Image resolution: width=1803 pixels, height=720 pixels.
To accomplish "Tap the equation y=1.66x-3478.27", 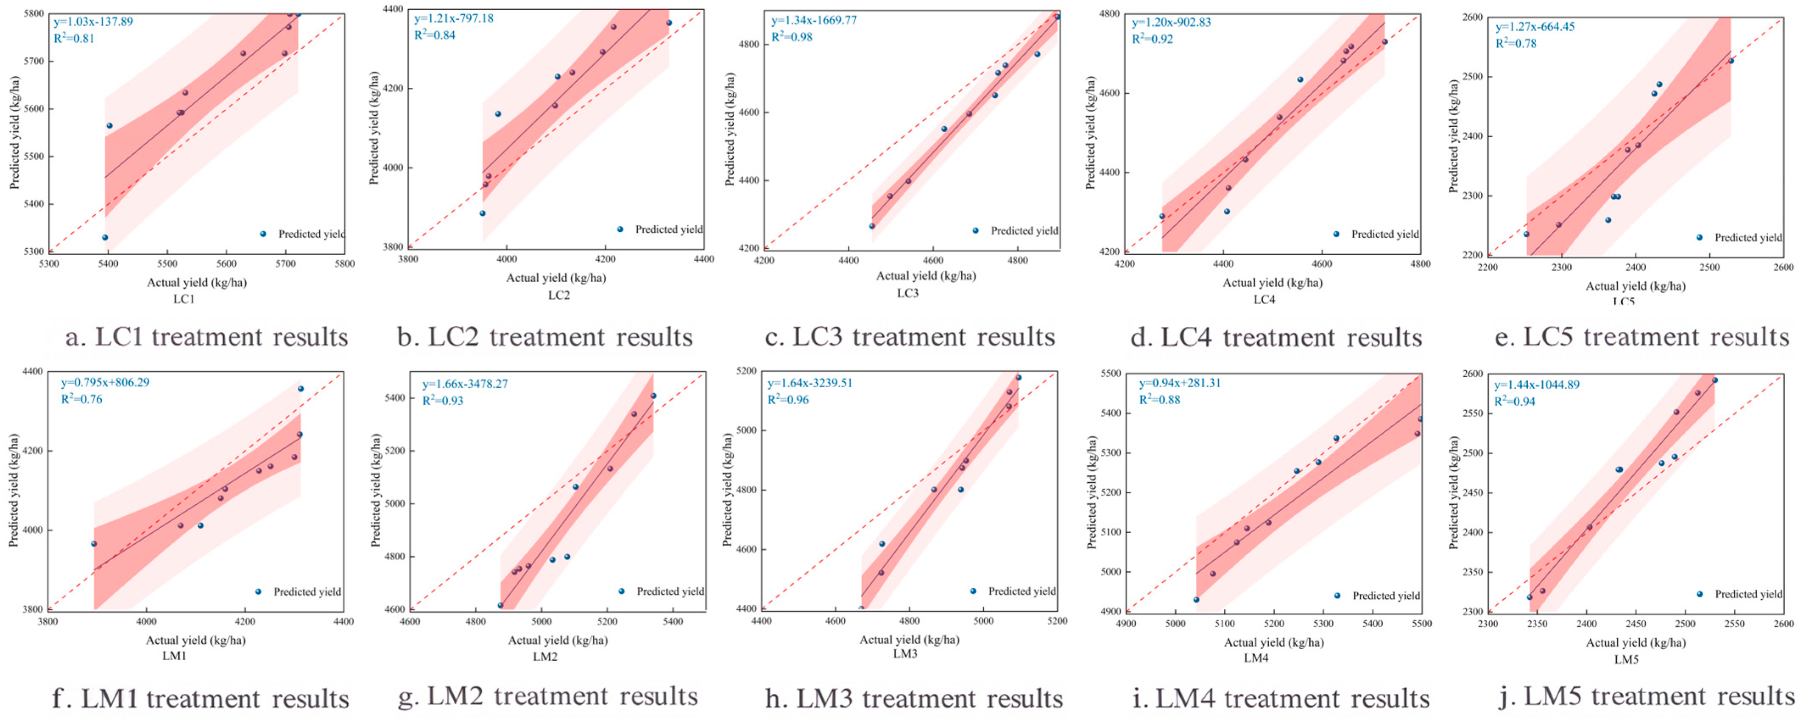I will pyautogui.click(x=465, y=384).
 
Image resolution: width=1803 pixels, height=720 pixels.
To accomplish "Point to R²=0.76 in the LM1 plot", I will pyautogui.click(x=81, y=400).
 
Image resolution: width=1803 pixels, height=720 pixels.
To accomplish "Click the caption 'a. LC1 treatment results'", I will pyautogui.click(x=207, y=337).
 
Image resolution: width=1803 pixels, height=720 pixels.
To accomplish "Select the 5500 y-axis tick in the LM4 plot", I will pyautogui.click(x=1111, y=374).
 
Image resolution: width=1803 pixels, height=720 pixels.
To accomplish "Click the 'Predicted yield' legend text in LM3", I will pyautogui.click(x=1022, y=591).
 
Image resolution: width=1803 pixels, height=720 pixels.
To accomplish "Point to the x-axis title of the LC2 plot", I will pyautogui.click(x=556, y=278).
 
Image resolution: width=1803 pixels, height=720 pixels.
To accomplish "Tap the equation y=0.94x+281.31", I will pyautogui.click(x=1179, y=384).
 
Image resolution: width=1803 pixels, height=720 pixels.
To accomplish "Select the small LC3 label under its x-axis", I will pyautogui.click(x=908, y=293).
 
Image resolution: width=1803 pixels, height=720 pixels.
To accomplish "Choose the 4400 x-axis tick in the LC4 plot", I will pyautogui.click(x=1223, y=264).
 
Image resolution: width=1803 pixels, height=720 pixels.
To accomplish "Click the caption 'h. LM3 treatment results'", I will pyautogui.click(x=913, y=698).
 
